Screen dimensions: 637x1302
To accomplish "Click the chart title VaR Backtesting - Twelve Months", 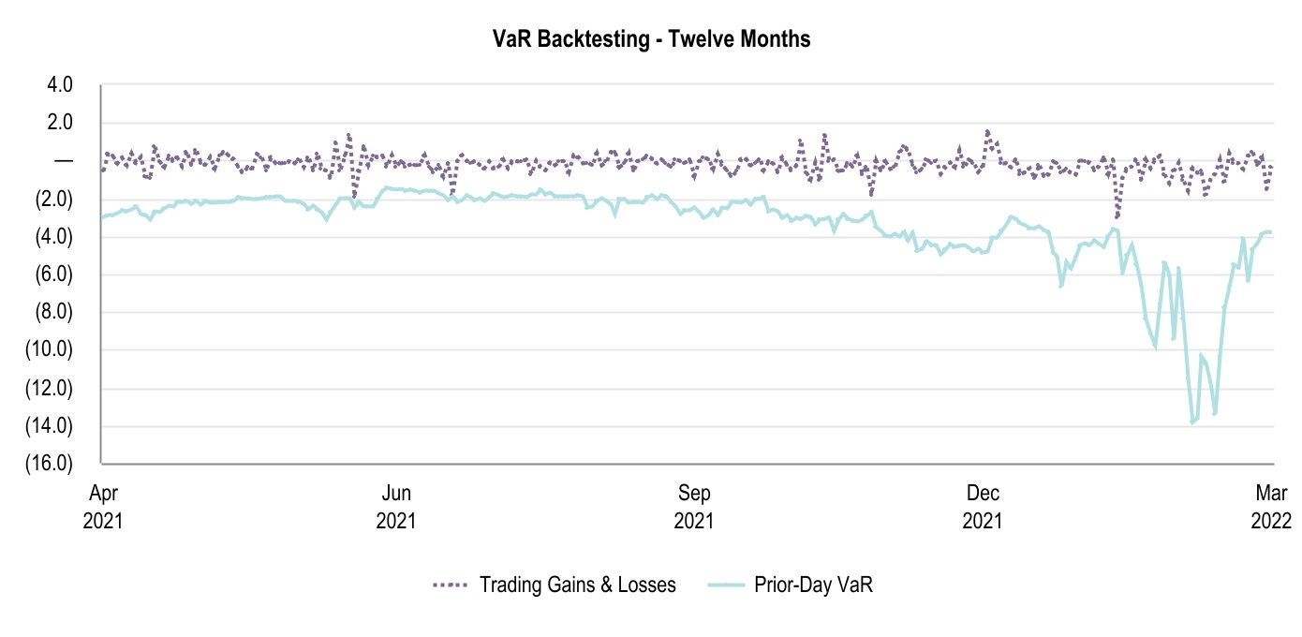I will coord(651,38).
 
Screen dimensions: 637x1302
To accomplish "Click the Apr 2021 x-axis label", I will coord(102,506).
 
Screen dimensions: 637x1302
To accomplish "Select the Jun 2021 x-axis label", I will coord(397,506).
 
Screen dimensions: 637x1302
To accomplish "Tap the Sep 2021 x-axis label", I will coord(693,506).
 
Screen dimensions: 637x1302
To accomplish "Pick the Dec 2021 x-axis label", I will coord(984,506).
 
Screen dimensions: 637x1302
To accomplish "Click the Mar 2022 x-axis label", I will coord(1271,506).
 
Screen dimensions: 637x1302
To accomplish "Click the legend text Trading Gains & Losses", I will coord(577,585).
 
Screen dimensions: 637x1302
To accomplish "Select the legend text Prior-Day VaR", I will coord(813,585).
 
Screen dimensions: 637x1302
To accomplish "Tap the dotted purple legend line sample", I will coord(450,585).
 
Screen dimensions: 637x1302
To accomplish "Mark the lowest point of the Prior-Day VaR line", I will coord(1192,422).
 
